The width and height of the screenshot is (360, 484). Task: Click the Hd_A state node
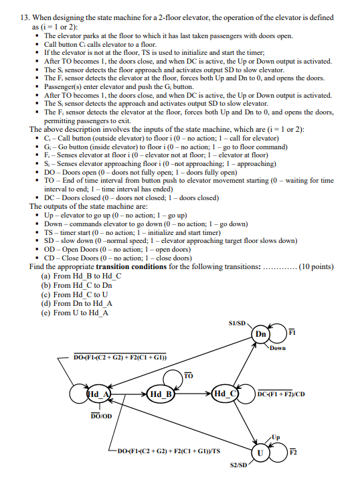98,394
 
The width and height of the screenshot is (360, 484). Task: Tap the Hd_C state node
223,394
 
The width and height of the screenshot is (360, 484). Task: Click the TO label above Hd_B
188,376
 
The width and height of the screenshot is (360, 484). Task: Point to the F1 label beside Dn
292,333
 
